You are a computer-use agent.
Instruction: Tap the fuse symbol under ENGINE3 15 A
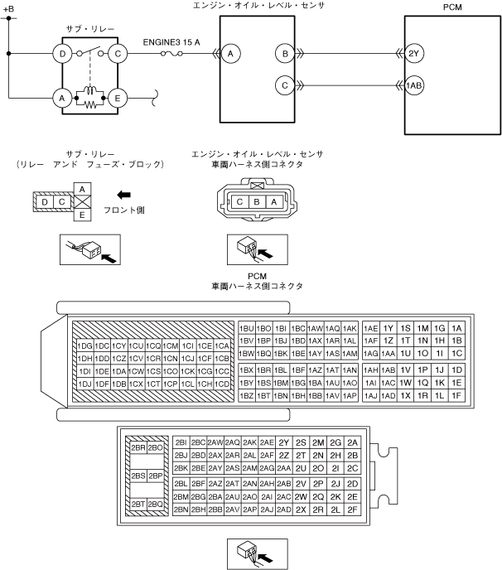(x=176, y=55)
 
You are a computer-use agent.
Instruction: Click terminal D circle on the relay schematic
(x=61, y=55)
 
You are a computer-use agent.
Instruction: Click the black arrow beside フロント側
(x=122, y=196)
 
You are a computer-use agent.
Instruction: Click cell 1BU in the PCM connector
(x=247, y=328)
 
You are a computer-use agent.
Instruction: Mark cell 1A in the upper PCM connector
(x=456, y=328)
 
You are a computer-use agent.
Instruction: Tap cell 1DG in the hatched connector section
(x=84, y=345)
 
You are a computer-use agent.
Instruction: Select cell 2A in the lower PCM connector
(x=352, y=442)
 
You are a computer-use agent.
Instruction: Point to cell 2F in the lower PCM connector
(x=352, y=509)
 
